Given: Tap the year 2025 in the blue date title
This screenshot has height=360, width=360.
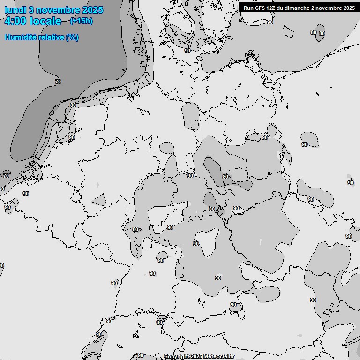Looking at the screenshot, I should point(91,10).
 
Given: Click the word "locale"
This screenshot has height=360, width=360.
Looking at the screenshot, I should point(45,22).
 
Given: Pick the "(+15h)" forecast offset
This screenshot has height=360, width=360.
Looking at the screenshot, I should point(81,21).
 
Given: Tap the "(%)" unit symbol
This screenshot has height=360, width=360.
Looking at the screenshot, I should point(72,37).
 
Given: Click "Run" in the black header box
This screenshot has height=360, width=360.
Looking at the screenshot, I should point(248,8).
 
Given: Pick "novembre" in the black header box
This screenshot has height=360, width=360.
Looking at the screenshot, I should point(329,8).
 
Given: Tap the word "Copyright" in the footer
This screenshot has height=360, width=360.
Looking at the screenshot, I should point(176,356).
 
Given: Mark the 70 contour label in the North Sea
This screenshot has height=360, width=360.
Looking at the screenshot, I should point(58,82).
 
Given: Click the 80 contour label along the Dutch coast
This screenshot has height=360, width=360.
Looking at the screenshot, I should point(73,105).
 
